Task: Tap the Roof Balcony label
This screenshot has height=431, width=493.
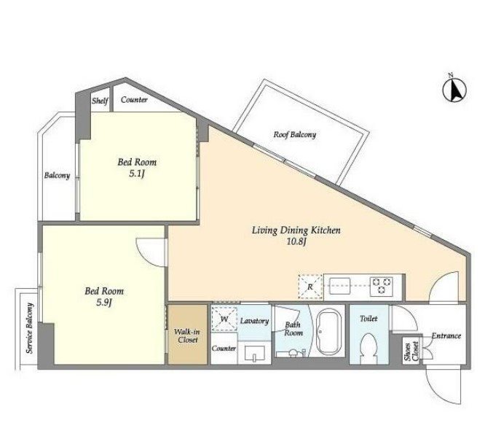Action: (x=295, y=135)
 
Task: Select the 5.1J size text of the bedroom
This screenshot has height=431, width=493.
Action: (x=137, y=174)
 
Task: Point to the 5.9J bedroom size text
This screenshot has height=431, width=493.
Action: (x=104, y=303)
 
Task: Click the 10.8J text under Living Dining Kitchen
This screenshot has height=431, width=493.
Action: (x=296, y=242)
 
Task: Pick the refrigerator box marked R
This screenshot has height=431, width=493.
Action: (x=310, y=287)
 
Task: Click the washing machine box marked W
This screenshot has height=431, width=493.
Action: (x=224, y=319)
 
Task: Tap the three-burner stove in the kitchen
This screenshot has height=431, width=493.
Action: (x=382, y=286)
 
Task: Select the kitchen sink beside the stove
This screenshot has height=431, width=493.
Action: (x=339, y=286)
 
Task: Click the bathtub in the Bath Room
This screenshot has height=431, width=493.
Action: (x=328, y=333)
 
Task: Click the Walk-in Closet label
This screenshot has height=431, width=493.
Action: (x=188, y=336)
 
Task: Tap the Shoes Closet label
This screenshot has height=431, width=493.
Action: (x=411, y=351)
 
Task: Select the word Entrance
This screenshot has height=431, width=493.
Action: (x=446, y=336)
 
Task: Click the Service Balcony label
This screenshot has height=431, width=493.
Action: (x=30, y=327)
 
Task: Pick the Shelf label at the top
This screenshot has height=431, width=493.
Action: (x=100, y=101)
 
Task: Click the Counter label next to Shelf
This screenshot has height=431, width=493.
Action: (x=134, y=100)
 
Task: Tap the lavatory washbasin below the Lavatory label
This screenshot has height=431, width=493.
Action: (x=255, y=354)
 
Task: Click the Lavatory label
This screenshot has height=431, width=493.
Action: (x=254, y=321)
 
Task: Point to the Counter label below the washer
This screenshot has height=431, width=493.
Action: (x=224, y=348)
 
